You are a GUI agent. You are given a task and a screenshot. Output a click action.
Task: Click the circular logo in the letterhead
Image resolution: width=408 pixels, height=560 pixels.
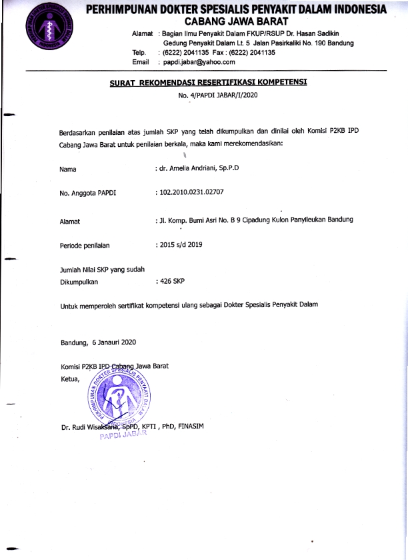pyautogui.click(x=45, y=31)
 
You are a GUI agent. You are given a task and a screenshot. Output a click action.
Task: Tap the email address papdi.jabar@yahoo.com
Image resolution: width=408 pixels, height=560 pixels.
pyautogui.click(x=197, y=62)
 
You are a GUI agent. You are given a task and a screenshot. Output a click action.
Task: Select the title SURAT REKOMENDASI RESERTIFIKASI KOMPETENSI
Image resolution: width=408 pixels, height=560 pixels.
pyautogui.click(x=209, y=83)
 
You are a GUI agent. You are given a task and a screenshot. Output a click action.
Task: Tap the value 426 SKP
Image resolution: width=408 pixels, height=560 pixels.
pyautogui.click(x=171, y=282)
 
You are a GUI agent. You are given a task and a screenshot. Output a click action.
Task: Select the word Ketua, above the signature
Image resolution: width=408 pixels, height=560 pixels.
pyautogui.click(x=70, y=380)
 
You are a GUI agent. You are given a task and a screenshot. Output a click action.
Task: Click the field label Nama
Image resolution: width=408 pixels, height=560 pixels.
pyautogui.click(x=68, y=169)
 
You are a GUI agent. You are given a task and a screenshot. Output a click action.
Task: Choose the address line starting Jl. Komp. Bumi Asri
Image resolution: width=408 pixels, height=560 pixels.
pyautogui.click(x=255, y=220)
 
